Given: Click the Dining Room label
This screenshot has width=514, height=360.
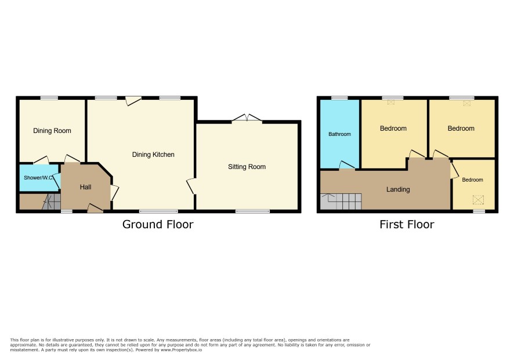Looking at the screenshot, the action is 52,131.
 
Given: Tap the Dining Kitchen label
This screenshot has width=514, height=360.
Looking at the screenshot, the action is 153,154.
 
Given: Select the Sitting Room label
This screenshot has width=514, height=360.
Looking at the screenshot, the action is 247,167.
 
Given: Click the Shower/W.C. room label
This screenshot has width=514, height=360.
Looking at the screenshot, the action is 39,178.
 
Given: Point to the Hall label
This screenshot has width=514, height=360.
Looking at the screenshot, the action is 85,187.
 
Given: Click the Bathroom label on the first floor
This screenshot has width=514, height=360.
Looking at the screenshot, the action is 339,134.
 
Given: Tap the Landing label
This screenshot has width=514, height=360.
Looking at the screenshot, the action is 398,189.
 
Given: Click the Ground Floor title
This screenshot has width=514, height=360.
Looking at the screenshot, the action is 158,224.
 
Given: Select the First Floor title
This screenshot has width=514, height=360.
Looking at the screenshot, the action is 407,224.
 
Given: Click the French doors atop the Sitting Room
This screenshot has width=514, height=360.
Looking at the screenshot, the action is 247,118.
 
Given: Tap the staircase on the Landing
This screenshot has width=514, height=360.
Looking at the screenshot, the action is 341,201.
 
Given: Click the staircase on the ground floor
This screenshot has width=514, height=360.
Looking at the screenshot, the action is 52,202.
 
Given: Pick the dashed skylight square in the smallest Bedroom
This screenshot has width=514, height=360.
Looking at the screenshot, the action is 478,200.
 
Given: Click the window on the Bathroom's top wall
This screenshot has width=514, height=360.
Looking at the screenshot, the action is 339,98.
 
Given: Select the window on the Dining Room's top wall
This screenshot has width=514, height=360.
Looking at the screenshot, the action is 49,98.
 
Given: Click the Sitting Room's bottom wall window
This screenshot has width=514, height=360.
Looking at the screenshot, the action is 253,211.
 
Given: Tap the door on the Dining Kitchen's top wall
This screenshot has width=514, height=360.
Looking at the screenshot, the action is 133,100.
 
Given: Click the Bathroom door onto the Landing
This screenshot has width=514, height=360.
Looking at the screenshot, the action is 347,165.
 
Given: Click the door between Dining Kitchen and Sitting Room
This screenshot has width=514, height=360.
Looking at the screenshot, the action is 191,186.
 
